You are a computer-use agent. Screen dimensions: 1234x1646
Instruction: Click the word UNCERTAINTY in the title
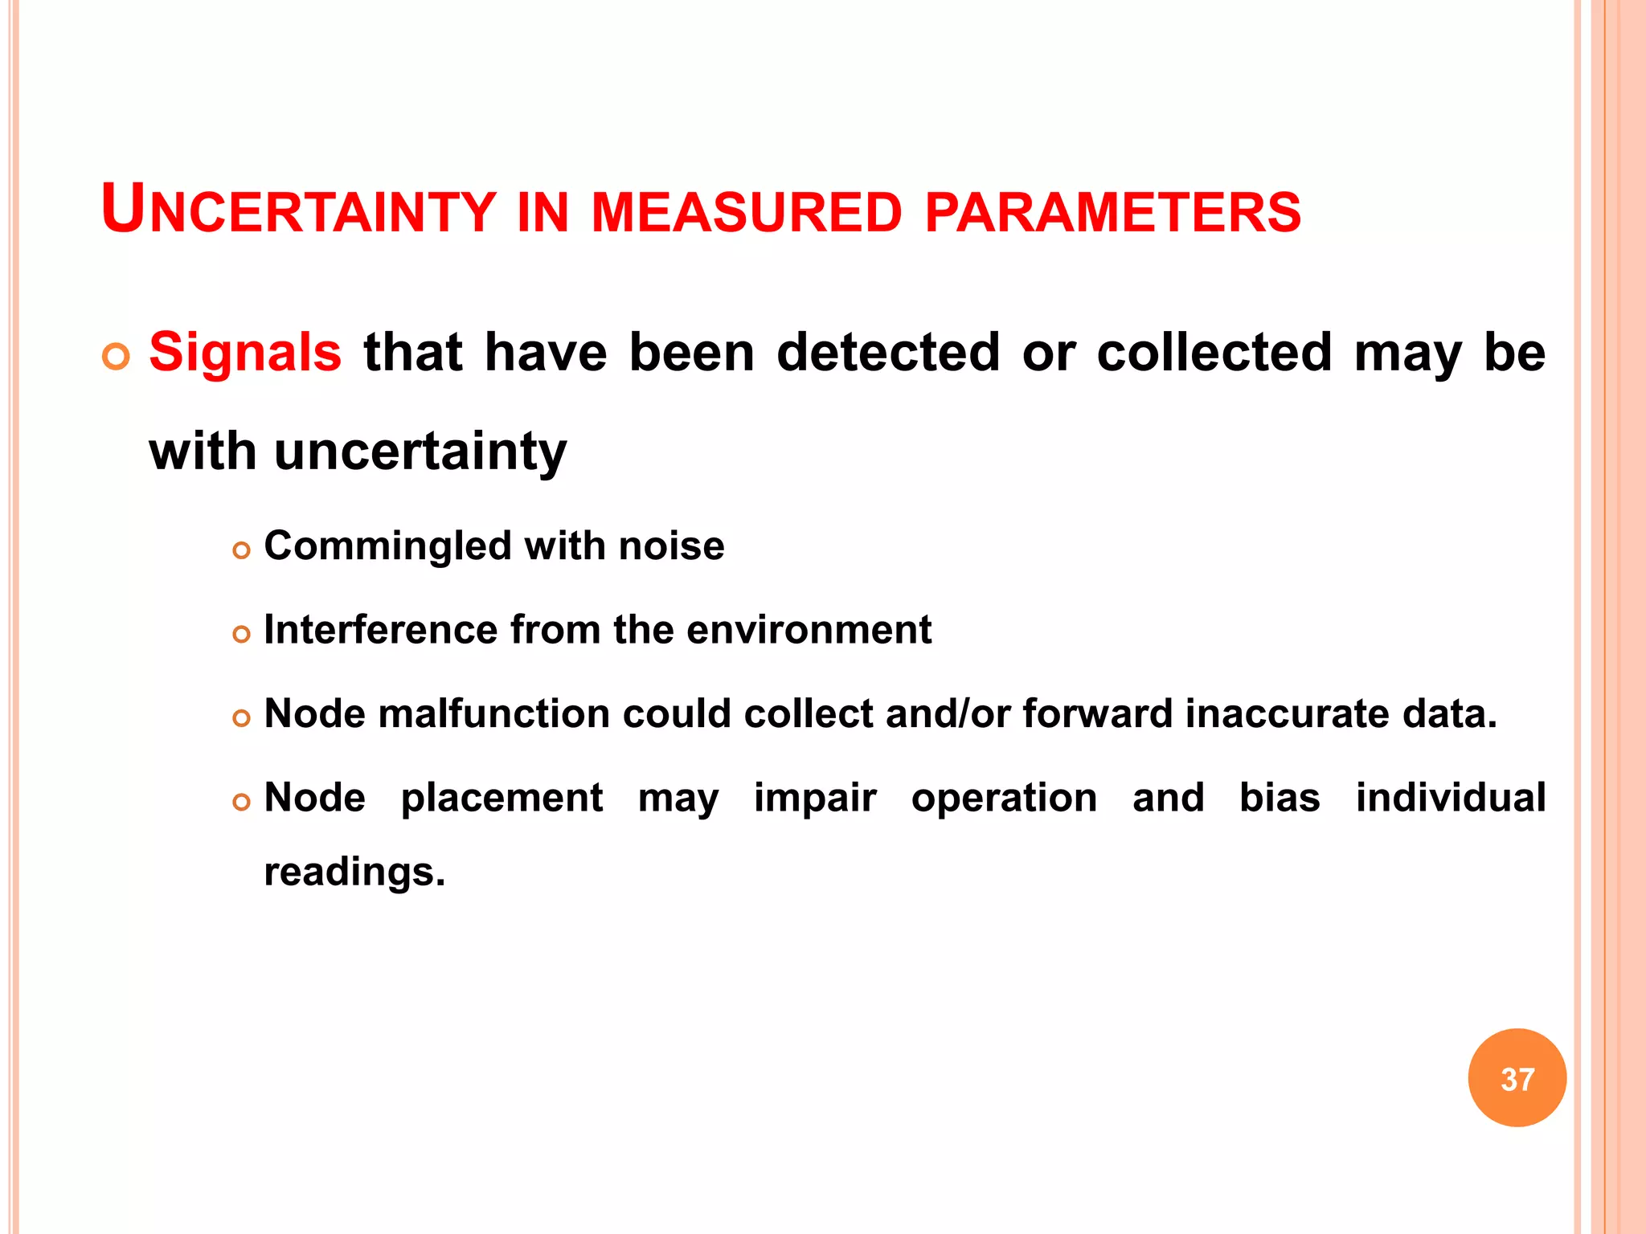pyautogui.click(x=298, y=210)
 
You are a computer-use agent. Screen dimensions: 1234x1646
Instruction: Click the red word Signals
pyautogui.click(x=245, y=353)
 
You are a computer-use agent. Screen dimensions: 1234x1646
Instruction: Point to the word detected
pyautogui.click(x=888, y=353)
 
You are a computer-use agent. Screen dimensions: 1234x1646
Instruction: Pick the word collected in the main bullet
pyautogui.click(x=1214, y=353)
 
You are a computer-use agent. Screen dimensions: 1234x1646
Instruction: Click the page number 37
pyautogui.click(x=1517, y=1079)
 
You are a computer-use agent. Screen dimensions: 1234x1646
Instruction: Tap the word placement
pyautogui.click(x=502, y=799)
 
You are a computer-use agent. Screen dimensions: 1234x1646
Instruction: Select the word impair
pyautogui.click(x=815, y=799)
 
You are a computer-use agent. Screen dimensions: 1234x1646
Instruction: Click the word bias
pyautogui.click(x=1280, y=798)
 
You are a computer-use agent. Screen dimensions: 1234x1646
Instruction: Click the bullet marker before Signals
pyautogui.click(x=117, y=356)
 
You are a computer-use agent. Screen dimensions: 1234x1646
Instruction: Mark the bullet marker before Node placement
pyautogui.click(x=241, y=803)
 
